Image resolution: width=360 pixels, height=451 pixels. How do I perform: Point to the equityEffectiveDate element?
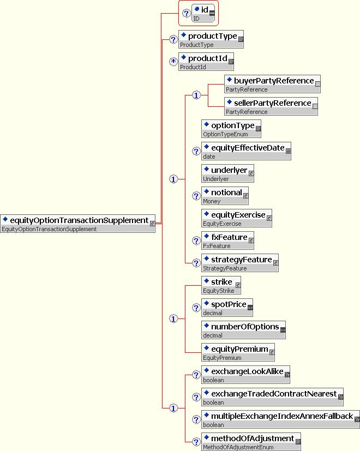246,152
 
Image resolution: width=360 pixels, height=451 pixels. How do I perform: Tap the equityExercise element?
237,219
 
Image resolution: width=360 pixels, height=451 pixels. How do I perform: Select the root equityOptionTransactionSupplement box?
78,224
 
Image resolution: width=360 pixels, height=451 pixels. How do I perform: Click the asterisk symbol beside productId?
173,62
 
